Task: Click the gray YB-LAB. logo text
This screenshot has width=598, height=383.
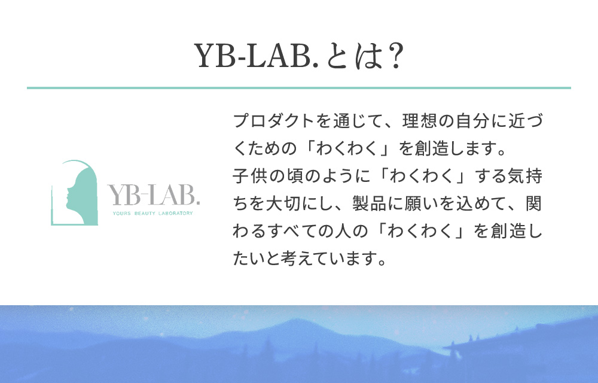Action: tap(153, 194)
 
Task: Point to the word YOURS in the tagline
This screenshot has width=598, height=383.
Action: tap(121, 213)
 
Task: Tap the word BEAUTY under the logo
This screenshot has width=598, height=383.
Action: tap(145, 213)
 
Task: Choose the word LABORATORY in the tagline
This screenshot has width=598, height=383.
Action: tap(175, 213)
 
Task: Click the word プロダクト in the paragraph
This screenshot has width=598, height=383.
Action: tap(273, 120)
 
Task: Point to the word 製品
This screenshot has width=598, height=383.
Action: tap(369, 203)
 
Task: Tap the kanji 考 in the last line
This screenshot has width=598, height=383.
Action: tap(289, 259)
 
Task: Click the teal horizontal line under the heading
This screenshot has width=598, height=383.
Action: tap(298, 88)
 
